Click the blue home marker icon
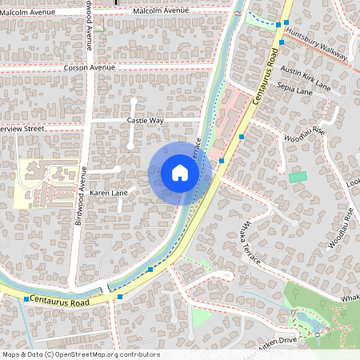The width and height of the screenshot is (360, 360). pos(180,173)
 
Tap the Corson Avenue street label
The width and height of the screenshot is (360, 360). pos(91,69)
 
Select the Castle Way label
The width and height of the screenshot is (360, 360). pos(145,120)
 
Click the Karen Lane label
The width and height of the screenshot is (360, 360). pos(108,194)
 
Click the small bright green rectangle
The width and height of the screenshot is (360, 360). pos(298,176)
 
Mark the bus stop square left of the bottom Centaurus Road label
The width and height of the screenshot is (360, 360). pos(26,298)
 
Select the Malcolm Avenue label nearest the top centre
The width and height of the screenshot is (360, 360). pos(161,11)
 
